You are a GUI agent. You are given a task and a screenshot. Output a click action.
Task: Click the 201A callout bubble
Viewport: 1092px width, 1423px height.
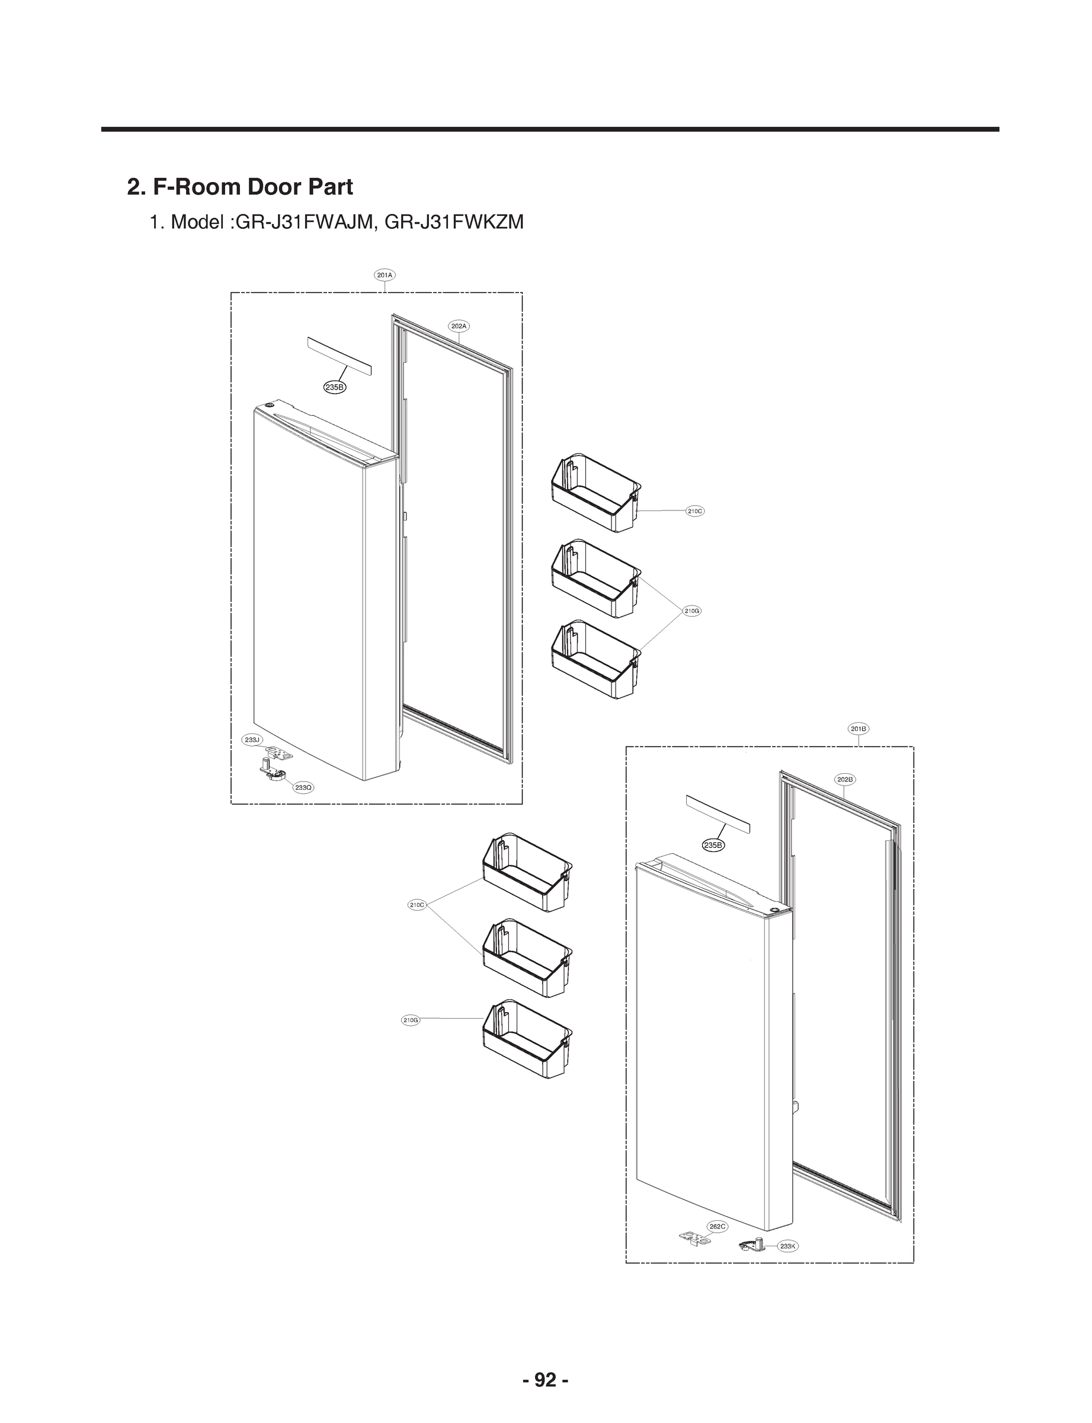[385, 275]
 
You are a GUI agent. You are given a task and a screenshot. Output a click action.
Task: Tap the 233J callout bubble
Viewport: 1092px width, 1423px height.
[252, 739]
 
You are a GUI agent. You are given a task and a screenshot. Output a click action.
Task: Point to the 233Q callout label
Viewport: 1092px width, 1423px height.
[303, 787]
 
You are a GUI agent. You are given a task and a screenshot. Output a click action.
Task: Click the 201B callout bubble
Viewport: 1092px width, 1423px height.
[859, 729]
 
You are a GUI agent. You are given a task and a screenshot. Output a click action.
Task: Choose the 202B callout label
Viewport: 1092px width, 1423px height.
[845, 779]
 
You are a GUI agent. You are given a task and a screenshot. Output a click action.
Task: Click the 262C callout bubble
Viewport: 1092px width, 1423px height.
[718, 1226]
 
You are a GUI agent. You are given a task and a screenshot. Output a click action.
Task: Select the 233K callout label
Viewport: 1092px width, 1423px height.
[789, 1246]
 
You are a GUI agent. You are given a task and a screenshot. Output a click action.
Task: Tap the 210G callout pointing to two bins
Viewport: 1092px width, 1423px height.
[692, 611]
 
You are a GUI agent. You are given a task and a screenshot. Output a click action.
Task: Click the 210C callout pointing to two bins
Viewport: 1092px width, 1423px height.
[417, 905]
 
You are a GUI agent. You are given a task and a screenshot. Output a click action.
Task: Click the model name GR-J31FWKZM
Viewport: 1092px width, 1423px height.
[454, 222]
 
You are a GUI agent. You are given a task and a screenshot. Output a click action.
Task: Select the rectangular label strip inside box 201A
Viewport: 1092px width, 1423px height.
[341, 357]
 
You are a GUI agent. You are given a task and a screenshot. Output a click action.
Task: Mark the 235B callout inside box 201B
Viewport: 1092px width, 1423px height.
[713, 845]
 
